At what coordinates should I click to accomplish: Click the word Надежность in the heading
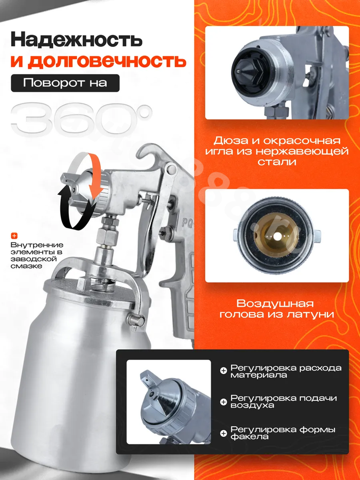[76, 40]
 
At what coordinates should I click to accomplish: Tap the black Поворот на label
[65, 83]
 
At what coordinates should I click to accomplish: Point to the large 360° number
[82, 120]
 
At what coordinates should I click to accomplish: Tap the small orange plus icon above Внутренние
[14, 236]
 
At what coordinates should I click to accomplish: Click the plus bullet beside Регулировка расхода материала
[223, 371]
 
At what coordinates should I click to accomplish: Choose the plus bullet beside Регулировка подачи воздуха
[223, 402]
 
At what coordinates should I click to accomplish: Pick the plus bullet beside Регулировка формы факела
[223, 433]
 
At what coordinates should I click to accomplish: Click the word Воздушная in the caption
[275, 303]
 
